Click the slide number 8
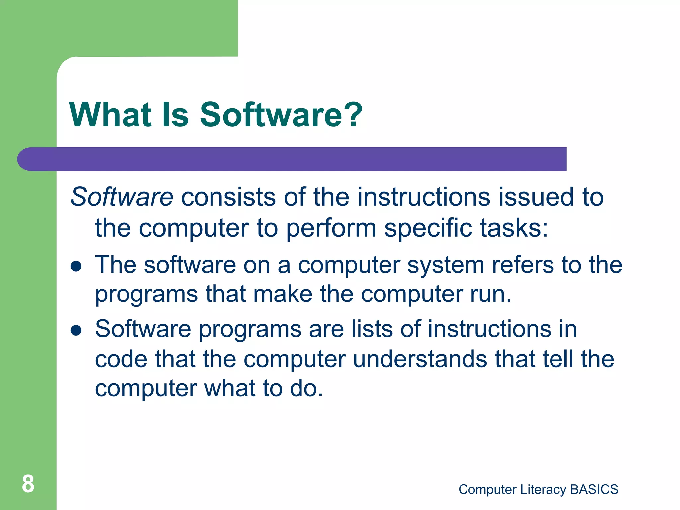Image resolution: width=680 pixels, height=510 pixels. coord(28,484)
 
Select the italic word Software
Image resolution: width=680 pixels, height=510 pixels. coord(122,197)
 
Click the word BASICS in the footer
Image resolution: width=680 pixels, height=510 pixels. coord(594,489)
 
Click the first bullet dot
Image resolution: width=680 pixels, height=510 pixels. coord(76,266)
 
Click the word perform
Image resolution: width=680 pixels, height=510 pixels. coord(331,229)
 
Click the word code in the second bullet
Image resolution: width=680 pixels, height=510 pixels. coord(121,359)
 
